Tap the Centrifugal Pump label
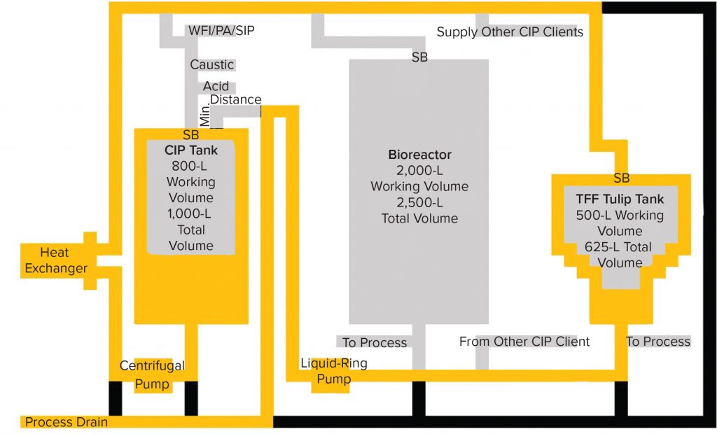click(152, 374)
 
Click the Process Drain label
click(67, 422)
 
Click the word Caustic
click(212, 64)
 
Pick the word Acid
click(216, 86)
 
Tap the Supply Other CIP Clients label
click(510, 32)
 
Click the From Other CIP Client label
click(524, 342)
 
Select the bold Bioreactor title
click(419, 154)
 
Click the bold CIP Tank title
click(191, 150)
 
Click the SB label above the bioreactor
click(419, 57)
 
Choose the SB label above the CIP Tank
click(191, 134)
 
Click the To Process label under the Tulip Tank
click(658, 342)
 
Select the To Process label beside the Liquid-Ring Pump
click(375, 342)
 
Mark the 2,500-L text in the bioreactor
click(419, 203)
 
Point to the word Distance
click(236, 100)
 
